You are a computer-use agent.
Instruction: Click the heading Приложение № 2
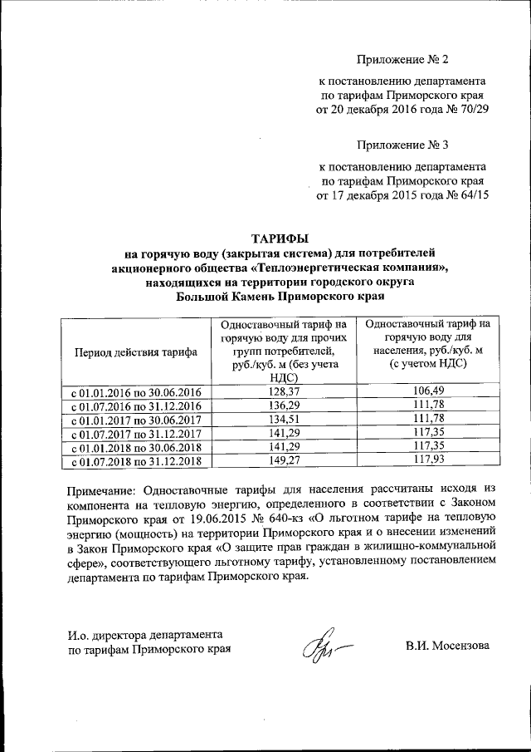402,60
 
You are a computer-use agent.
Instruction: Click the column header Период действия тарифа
136,351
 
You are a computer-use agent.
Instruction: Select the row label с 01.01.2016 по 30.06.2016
136,391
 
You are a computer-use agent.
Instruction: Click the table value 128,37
284,391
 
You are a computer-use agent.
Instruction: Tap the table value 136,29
284,405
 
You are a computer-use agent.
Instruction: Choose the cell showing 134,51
284,418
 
